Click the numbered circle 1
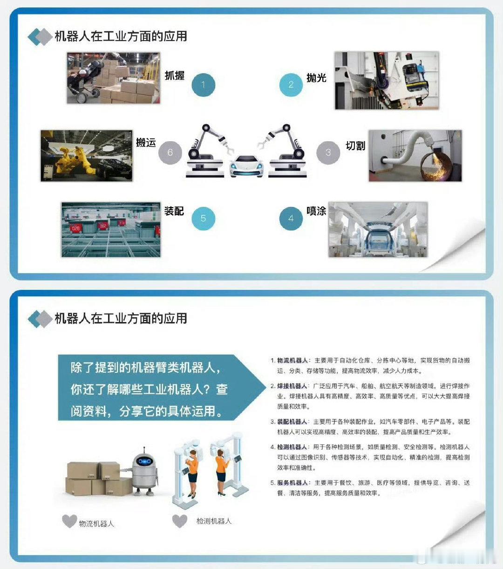[x=203, y=85]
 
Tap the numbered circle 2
[x=291, y=85]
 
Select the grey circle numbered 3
[x=328, y=152]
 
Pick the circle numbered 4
[x=291, y=219]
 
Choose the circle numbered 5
[x=203, y=219]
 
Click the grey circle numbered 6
[x=170, y=152]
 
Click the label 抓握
[x=175, y=75]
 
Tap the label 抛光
[x=316, y=77]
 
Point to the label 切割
[x=355, y=146]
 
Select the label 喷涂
[x=316, y=211]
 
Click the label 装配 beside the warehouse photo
[x=174, y=211]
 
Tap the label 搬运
[x=146, y=143]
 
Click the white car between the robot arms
[x=246, y=166]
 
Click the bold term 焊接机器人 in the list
[x=292, y=386]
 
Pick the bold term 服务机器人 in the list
[x=292, y=483]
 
